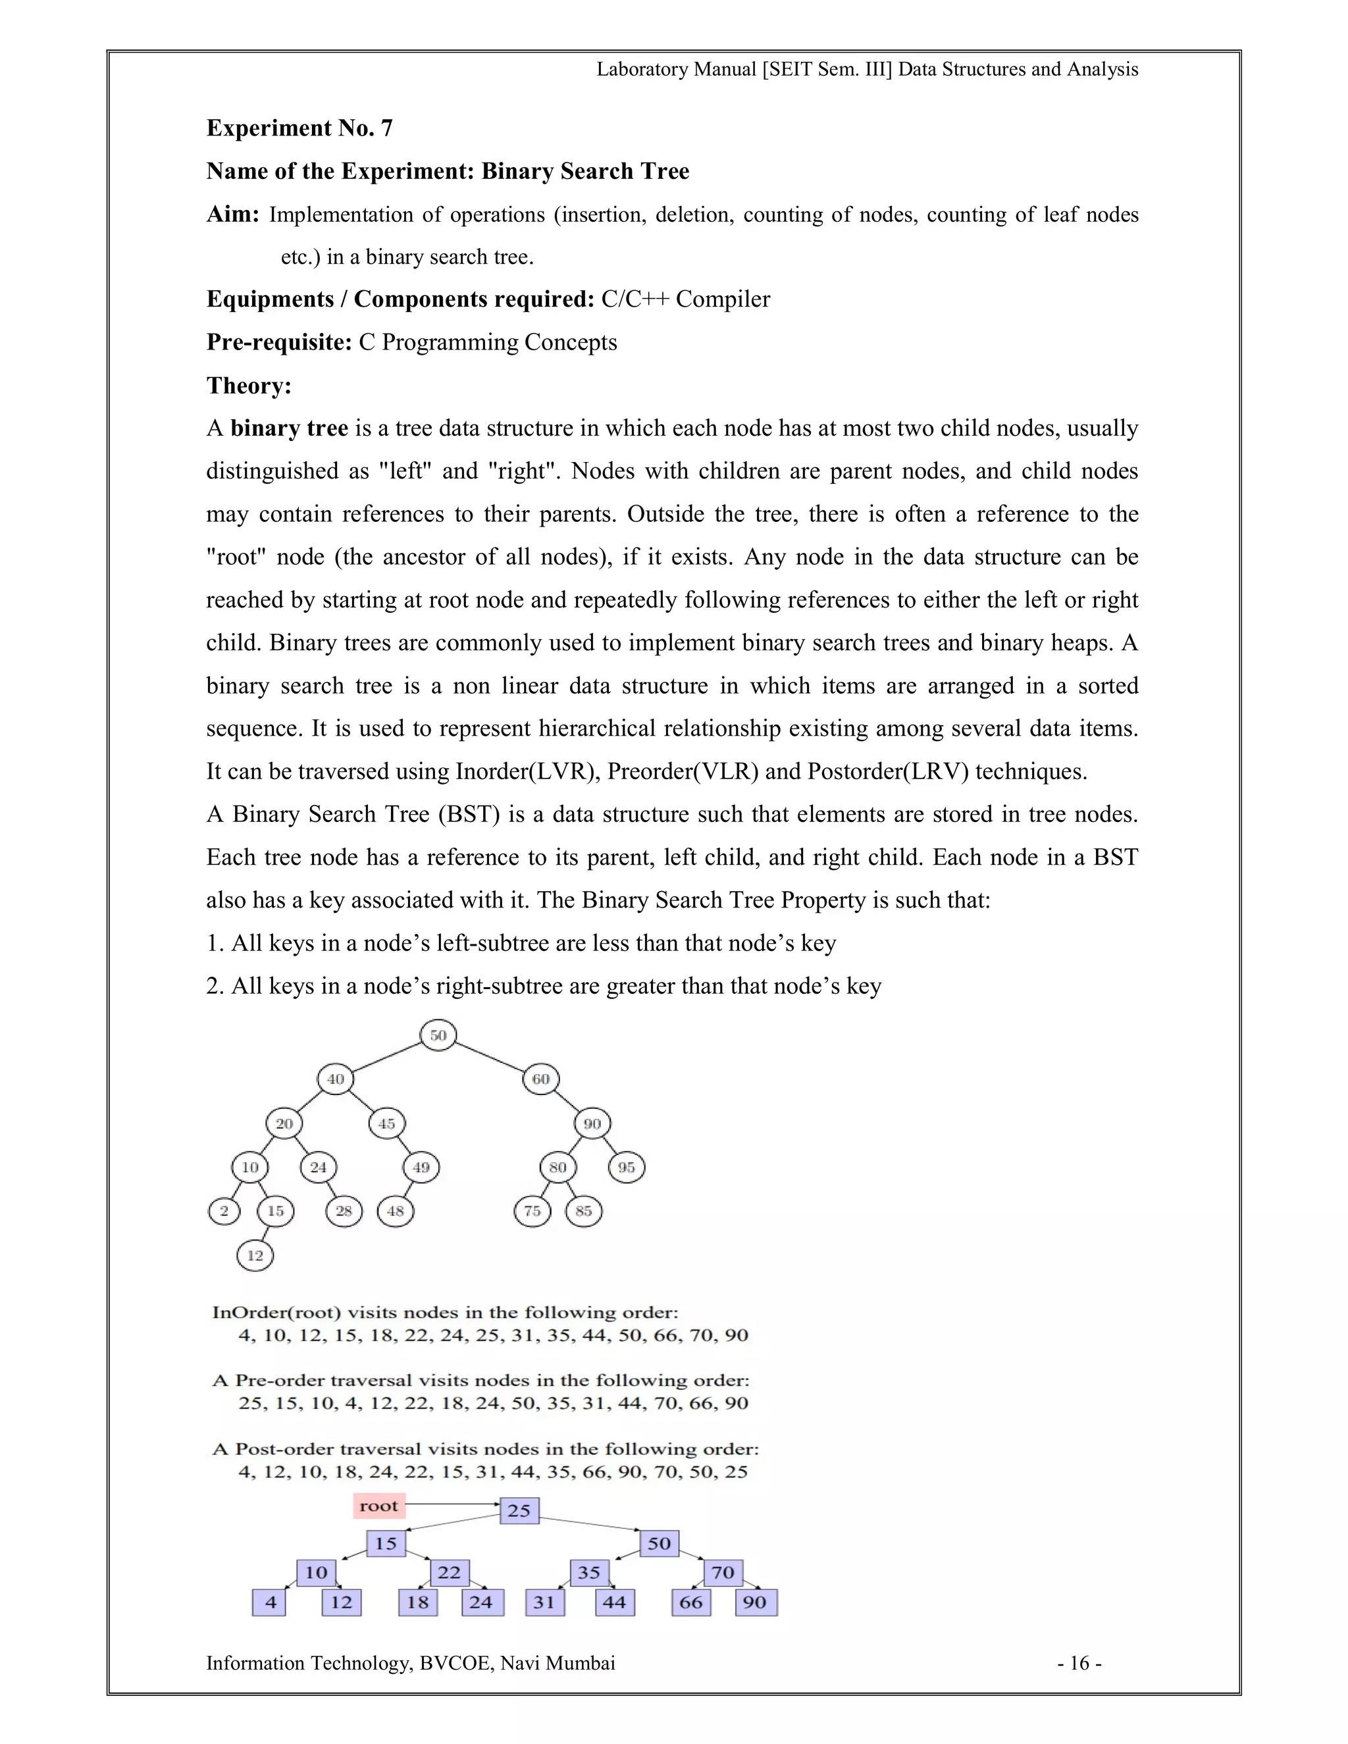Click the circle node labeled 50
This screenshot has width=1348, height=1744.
[x=438, y=1036]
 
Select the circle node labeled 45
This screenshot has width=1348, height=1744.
[x=386, y=1123]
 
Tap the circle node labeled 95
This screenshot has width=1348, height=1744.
[x=626, y=1167]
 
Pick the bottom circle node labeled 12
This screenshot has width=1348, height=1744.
[x=255, y=1255]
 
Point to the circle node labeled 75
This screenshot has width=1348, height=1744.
[x=532, y=1212]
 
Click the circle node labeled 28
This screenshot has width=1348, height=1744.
[x=344, y=1212]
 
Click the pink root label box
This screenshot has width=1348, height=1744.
[x=378, y=1506]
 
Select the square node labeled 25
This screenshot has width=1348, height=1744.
[x=519, y=1510]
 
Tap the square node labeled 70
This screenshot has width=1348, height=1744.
[x=723, y=1572]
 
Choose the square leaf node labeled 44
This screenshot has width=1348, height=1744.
[x=614, y=1602]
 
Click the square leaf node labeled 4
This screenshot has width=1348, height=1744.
[x=270, y=1602]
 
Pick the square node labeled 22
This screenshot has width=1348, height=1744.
[x=449, y=1572]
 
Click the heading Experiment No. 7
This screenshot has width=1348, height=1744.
[x=299, y=128]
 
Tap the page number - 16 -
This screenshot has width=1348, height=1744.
[x=1079, y=1663]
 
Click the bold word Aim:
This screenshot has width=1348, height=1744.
[x=232, y=214]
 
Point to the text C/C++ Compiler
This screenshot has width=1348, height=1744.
[x=685, y=299]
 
